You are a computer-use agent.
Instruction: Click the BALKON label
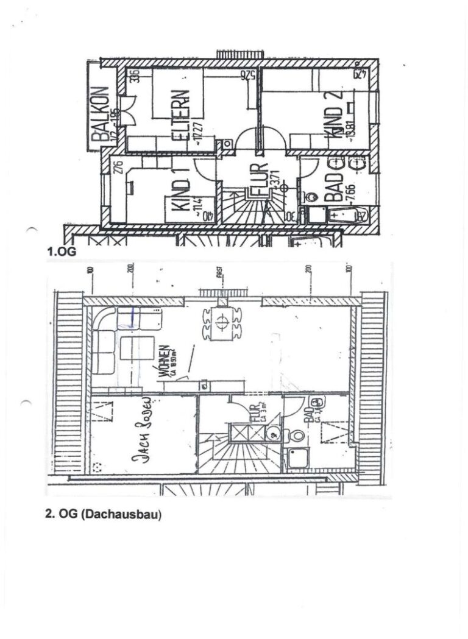(x=101, y=116)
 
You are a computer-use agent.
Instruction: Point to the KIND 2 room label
(x=336, y=116)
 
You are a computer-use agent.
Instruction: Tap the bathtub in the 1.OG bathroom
(x=344, y=215)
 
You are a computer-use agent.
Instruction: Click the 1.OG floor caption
(x=62, y=250)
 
